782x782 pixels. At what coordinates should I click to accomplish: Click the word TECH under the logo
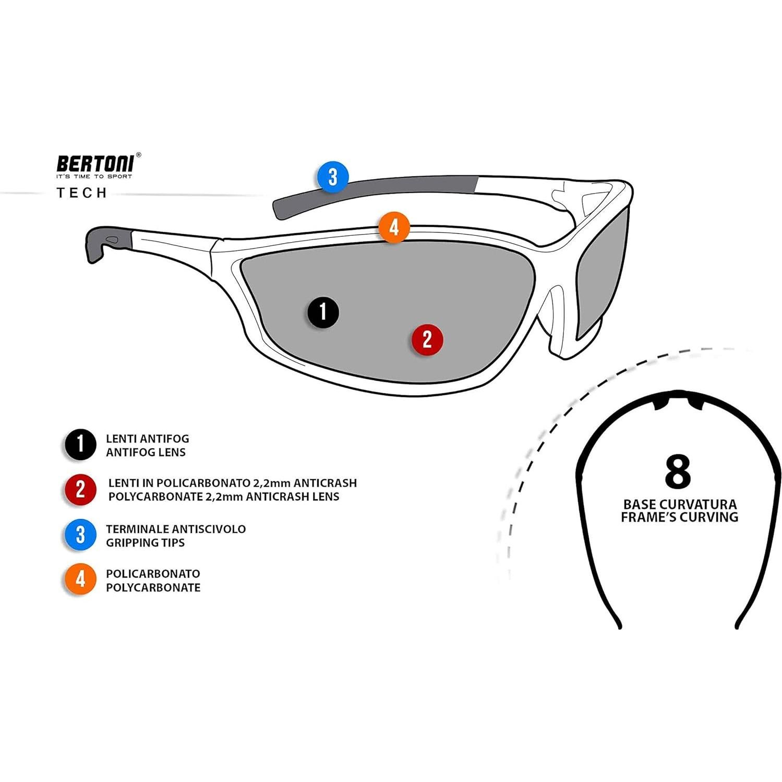tap(82, 193)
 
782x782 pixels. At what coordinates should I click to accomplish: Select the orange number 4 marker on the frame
tap(394, 227)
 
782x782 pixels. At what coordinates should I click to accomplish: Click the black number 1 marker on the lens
tap(323, 311)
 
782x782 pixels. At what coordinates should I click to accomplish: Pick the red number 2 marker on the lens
tap(427, 339)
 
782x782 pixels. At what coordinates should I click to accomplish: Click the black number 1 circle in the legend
tap(80, 444)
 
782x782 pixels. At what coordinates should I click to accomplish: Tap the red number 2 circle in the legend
tap(80, 489)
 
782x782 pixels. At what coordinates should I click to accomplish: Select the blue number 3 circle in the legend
tap(80, 535)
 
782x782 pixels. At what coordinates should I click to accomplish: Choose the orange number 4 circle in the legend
tap(80, 579)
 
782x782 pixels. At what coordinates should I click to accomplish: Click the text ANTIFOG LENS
tap(146, 452)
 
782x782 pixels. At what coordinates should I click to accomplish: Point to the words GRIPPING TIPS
tap(145, 543)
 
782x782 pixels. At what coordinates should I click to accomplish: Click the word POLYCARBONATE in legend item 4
tap(153, 587)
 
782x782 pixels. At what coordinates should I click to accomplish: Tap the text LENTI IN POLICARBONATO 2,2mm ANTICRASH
tap(232, 483)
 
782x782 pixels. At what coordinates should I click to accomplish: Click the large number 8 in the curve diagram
tap(678, 472)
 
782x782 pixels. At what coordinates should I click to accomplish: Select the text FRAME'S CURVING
tap(679, 518)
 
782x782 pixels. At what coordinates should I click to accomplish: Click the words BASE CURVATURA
tap(680, 504)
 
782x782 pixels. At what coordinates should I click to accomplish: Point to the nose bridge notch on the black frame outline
tap(678, 402)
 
